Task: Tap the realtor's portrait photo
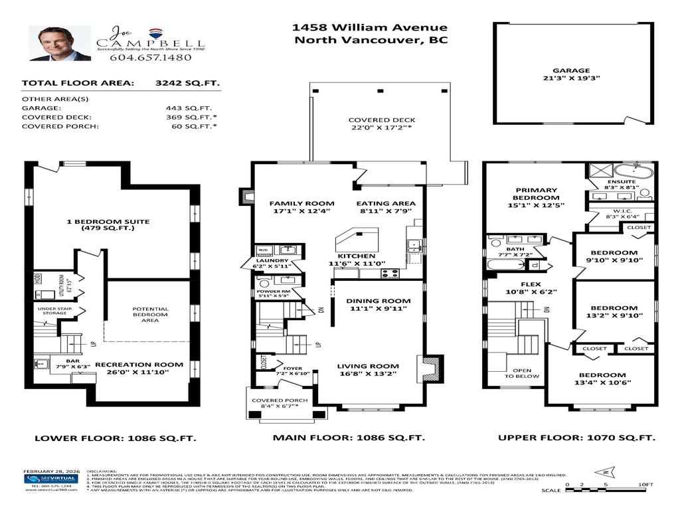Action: coord(60,44)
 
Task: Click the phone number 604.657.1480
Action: coord(150,57)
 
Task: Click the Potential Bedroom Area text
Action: coord(150,315)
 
